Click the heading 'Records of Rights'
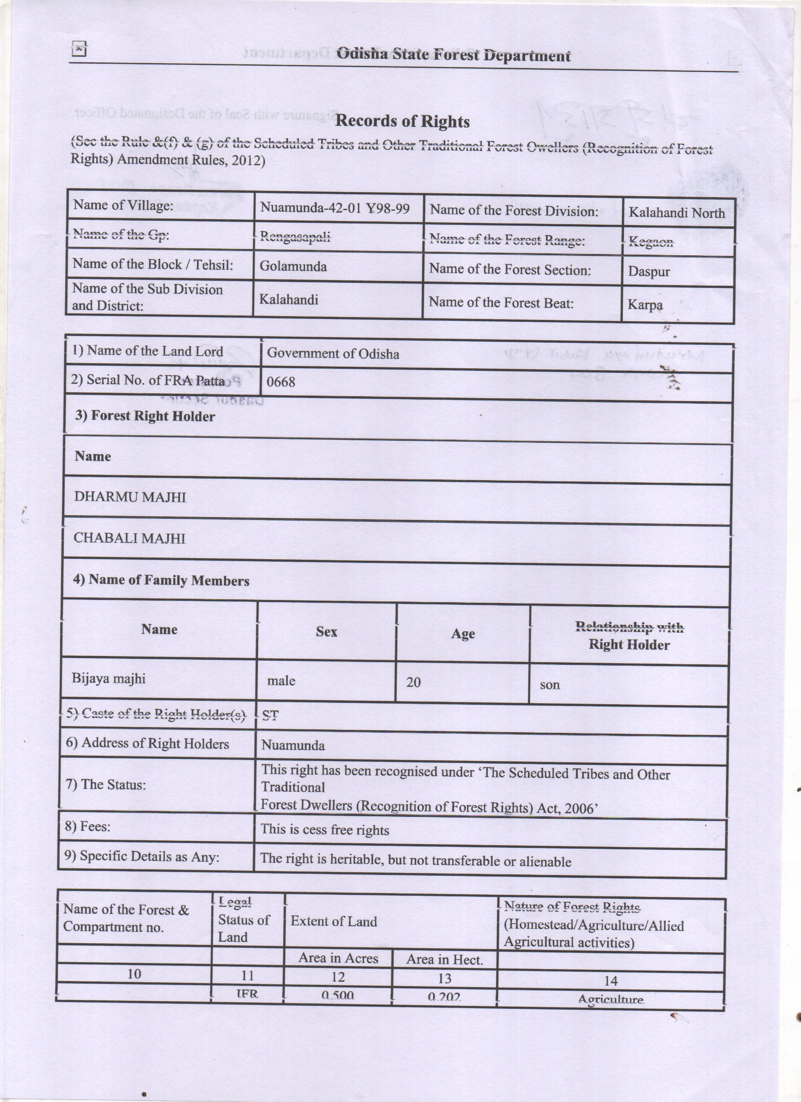point(402,121)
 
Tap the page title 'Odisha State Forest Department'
point(453,55)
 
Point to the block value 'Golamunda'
point(293,266)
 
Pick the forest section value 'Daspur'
point(649,271)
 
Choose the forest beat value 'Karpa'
point(645,305)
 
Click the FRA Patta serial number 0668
point(281,382)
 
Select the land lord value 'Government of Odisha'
point(333,353)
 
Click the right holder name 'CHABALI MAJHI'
point(129,538)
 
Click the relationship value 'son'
point(550,685)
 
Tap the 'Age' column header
point(463,634)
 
